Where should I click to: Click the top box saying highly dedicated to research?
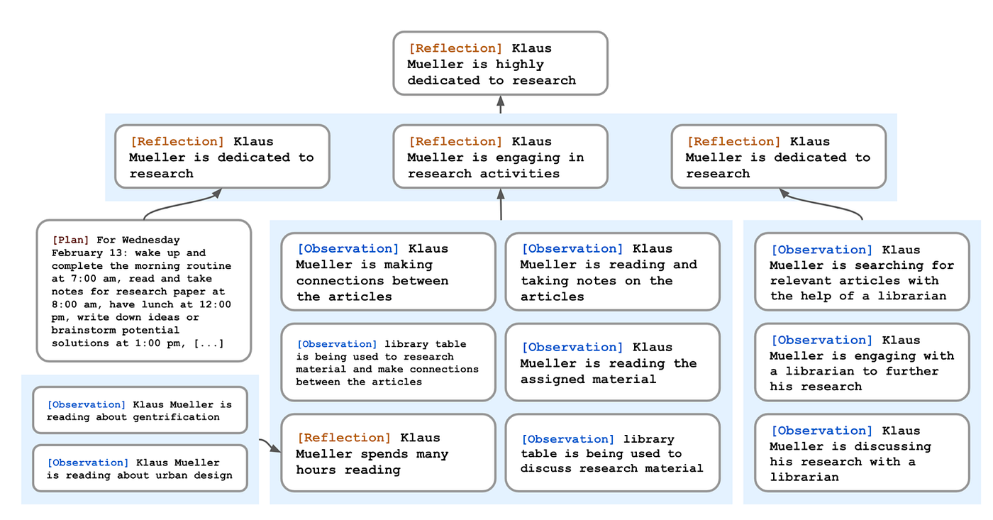[500, 63]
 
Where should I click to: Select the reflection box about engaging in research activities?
[500, 157]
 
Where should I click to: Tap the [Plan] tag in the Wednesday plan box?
[70, 240]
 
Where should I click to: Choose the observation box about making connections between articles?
[388, 272]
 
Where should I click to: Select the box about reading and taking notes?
[612, 272]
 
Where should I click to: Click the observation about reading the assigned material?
[612, 363]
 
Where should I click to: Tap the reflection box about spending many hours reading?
[388, 453]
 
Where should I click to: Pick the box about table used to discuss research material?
[612, 453]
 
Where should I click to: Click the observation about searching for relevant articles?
[862, 272]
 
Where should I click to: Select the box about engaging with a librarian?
[862, 363]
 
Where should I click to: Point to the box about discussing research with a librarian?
[862, 453]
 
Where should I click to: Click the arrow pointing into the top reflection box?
[501, 104]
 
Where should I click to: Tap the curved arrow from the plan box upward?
[181, 204]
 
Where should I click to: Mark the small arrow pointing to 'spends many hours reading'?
[271, 445]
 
